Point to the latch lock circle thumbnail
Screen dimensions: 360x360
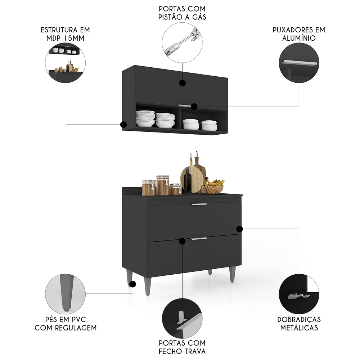pyautogui.click(x=182, y=317)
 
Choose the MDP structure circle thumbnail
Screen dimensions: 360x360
pyautogui.click(x=65, y=63)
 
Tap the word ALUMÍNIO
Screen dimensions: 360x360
pyautogui.click(x=299, y=38)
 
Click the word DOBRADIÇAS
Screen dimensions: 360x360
pyautogui.click(x=299, y=320)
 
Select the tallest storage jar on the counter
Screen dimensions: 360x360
pyautogui.click(x=162, y=185)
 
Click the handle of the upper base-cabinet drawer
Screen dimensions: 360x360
pyautogui.click(x=199, y=204)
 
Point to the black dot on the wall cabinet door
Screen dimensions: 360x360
pyautogui.click(x=183, y=83)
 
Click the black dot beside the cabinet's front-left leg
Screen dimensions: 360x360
pyautogui.click(x=132, y=284)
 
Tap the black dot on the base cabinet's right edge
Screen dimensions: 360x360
pyautogui.click(x=239, y=229)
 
